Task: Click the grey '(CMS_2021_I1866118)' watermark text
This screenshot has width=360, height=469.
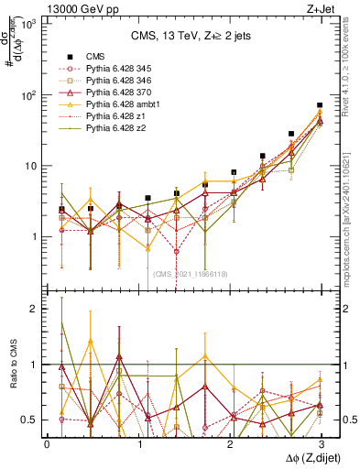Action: (x=198, y=274)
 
